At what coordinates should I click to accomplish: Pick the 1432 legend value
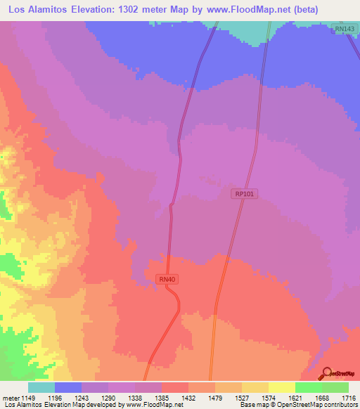[188, 397]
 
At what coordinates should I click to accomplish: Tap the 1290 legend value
[109, 397]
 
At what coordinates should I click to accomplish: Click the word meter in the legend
[10, 397]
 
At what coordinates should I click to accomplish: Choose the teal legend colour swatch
[41, 387]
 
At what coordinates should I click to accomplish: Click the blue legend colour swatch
[68, 387]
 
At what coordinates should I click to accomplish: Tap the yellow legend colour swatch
[282, 387]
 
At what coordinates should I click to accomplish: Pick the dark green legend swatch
[335, 387]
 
